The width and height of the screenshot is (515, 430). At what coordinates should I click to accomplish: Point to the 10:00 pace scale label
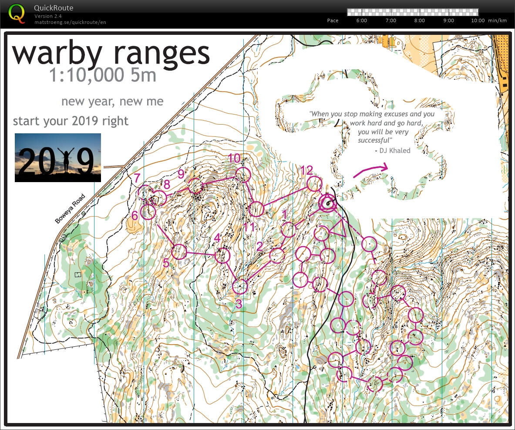tap(478, 20)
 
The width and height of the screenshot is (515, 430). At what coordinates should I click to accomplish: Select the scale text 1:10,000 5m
tap(102, 75)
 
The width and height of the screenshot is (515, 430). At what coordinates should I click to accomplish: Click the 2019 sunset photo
tap(58, 158)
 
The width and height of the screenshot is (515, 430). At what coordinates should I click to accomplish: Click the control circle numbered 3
tap(240, 286)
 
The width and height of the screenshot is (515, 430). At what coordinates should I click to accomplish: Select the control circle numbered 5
tap(179, 252)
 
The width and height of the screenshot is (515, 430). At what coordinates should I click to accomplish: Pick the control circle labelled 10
tap(243, 175)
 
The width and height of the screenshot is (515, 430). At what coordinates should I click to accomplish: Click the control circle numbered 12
tap(314, 183)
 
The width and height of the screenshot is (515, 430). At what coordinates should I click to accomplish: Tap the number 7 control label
tap(137, 178)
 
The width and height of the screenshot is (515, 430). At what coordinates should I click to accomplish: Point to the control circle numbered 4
tap(222, 255)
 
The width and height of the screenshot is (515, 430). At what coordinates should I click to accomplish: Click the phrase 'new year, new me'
tap(112, 102)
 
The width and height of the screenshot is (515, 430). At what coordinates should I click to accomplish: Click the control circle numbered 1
tap(288, 229)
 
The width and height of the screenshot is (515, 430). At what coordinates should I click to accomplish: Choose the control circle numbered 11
tap(257, 210)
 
